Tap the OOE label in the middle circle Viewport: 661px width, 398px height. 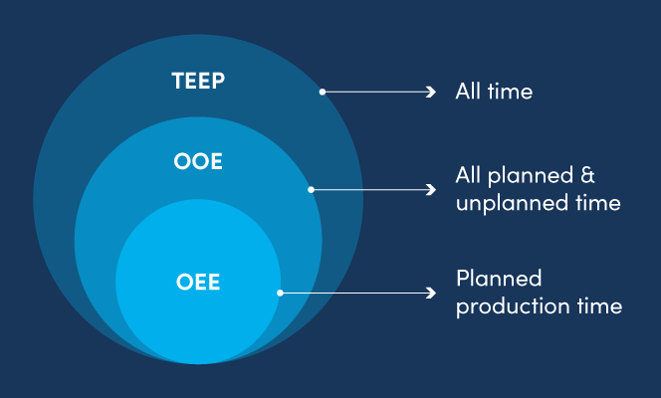(x=197, y=161)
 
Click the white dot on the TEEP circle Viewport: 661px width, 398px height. (x=322, y=92)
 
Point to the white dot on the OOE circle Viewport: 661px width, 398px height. (x=312, y=189)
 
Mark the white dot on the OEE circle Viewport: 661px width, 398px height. (x=280, y=293)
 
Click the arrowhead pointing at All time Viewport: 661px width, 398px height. (x=431, y=92)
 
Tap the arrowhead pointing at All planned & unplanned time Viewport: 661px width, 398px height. (x=431, y=189)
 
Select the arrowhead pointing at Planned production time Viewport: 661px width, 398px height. (x=431, y=293)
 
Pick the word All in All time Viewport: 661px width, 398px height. (x=468, y=92)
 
